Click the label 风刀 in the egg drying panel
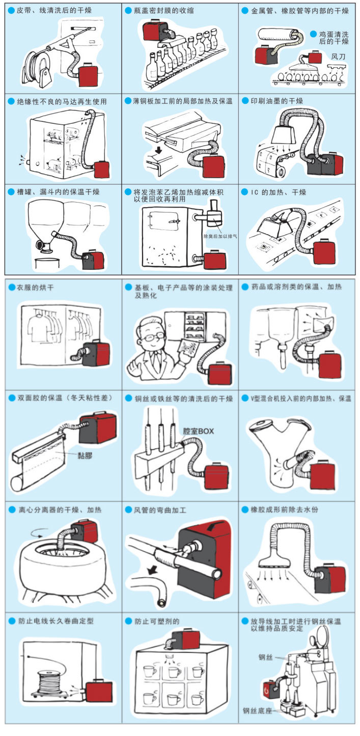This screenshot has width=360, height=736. click(338, 56)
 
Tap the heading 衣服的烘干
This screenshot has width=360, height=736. click(35, 288)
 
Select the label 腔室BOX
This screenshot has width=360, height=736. click(198, 431)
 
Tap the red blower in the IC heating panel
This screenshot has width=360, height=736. click(324, 251)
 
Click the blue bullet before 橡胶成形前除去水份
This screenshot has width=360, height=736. click(245, 509)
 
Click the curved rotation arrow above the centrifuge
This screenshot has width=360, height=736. click(35, 534)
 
